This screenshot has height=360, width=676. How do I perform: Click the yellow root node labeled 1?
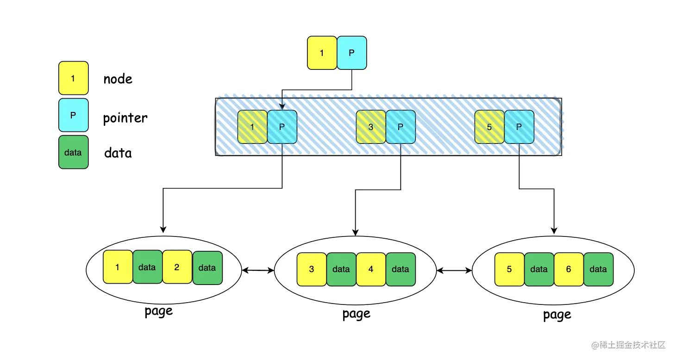pyautogui.click(x=322, y=53)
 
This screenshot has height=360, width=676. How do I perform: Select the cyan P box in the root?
pyautogui.click(x=351, y=53)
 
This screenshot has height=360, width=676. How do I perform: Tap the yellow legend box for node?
pyautogui.click(x=73, y=78)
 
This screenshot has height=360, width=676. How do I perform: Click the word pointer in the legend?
pyautogui.click(x=125, y=118)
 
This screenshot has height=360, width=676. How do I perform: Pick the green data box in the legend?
pyautogui.click(x=73, y=152)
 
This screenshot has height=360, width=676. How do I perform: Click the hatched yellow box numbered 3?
pyautogui.click(x=371, y=127)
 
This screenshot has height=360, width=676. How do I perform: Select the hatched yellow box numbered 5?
pyautogui.click(x=489, y=127)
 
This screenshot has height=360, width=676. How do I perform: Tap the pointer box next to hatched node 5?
pyautogui.click(x=519, y=127)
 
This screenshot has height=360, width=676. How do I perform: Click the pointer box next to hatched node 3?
pyautogui.click(x=401, y=127)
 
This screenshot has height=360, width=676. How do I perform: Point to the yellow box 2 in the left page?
pyautogui.click(x=177, y=267)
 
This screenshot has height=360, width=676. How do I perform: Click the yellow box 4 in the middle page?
pyautogui.click(x=371, y=269)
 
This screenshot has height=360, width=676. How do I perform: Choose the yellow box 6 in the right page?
pyautogui.click(x=569, y=269)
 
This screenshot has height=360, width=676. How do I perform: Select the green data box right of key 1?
pyautogui.click(x=147, y=267)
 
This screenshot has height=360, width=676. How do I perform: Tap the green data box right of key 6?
pyautogui.click(x=598, y=269)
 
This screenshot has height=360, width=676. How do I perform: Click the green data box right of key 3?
pyautogui.click(x=341, y=269)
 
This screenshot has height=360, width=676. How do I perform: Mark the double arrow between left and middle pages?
pyautogui.click(x=258, y=270)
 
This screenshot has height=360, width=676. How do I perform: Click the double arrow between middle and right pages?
pyautogui.click(x=454, y=270)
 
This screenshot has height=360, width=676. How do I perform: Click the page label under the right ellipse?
pyautogui.click(x=557, y=315)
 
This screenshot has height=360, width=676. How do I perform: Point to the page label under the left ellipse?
pyautogui.click(x=158, y=311)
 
